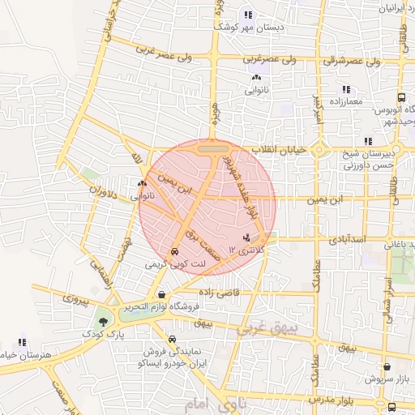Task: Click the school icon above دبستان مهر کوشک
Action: pyautogui.click(x=247, y=15)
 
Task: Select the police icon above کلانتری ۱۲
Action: pyautogui.click(x=246, y=237)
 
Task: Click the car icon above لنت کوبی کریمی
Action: pyautogui.click(x=176, y=252)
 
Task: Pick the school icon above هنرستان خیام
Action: pyautogui.click(x=23, y=343)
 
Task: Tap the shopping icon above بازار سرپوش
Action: pyautogui.click(x=387, y=366)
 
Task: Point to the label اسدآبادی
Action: pyautogui.click(x=349, y=241)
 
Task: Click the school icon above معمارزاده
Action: pyautogui.click(x=345, y=89)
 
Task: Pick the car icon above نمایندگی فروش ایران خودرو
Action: pyautogui.click(x=172, y=340)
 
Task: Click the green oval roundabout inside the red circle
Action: pyautogui.click(x=212, y=148)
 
